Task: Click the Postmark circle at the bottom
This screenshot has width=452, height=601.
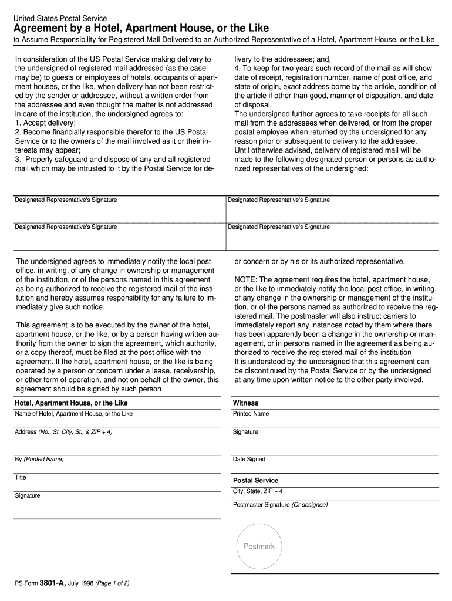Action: (x=259, y=546)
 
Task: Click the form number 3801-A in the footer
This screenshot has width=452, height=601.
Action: (x=53, y=583)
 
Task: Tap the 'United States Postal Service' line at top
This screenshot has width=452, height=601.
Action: (x=60, y=18)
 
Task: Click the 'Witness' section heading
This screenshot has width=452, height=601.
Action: (x=245, y=403)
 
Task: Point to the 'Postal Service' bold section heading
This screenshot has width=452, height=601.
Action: (x=255, y=480)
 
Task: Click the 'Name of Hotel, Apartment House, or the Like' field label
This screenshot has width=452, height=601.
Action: (x=73, y=414)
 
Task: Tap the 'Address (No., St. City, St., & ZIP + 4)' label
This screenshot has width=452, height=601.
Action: (x=63, y=432)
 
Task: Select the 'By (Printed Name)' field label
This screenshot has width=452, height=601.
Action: (x=39, y=459)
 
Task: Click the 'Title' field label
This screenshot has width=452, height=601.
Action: (x=21, y=477)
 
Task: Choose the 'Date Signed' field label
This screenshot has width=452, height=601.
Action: (x=249, y=459)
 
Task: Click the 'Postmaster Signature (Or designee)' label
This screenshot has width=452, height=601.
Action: (x=280, y=505)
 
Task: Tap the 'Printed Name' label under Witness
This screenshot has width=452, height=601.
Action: (x=251, y=414)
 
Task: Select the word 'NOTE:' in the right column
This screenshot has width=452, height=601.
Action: (x=245, y=279)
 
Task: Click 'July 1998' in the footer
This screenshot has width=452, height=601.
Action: (x=81, y=583)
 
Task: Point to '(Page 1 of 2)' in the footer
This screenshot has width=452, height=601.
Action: (x=112, y=583)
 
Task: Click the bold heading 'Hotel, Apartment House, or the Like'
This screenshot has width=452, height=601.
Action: (x=71, y=403)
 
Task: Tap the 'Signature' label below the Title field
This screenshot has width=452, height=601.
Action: (x=28, y=495)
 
